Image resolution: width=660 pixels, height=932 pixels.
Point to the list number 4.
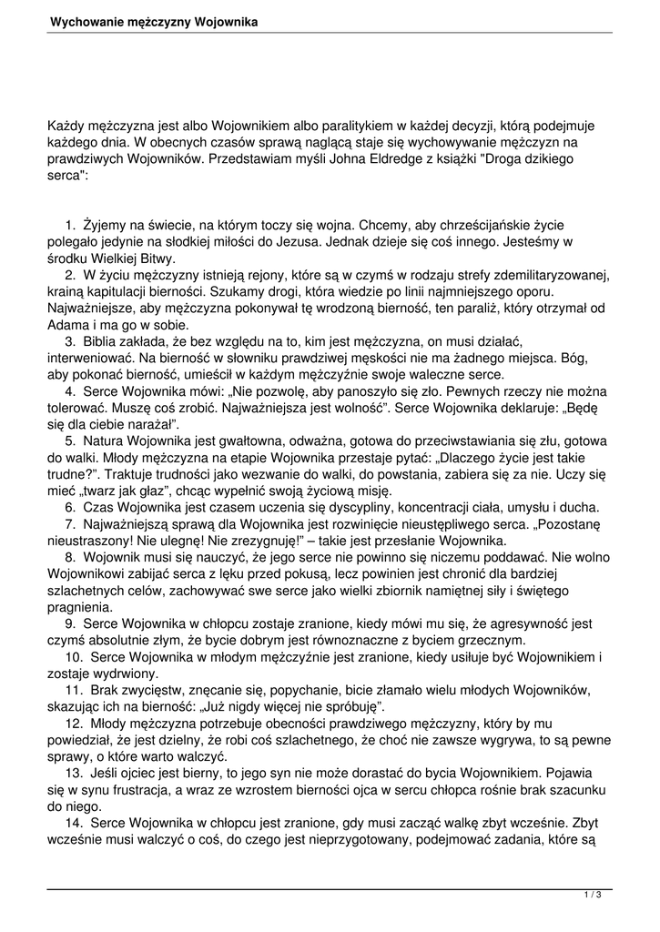tap(69, 390)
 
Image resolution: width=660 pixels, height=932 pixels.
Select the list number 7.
tap(69, 523)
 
